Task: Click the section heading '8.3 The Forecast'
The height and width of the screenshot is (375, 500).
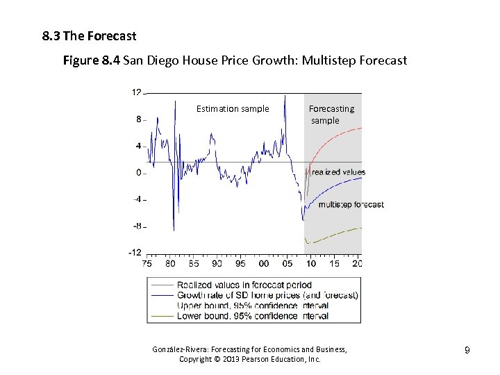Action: point(89,35)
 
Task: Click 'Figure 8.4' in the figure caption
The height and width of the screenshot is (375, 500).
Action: point(91,60)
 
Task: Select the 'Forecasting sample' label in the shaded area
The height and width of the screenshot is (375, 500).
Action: point(331,115)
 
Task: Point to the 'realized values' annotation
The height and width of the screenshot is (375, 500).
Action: point(338,172)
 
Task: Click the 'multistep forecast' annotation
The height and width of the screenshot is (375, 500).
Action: point(351,204)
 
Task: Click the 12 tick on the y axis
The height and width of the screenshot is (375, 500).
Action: point(137,92)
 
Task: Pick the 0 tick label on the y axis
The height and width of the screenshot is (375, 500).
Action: point(139,173)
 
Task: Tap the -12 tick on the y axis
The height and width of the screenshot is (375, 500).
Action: point(135,253)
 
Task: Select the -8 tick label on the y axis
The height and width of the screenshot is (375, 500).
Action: point(137,226)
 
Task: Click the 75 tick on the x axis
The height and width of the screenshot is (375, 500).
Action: point(147,264)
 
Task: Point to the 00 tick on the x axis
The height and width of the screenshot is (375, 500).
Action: point(264,264)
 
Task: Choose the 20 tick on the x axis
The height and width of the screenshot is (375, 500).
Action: point(357,264)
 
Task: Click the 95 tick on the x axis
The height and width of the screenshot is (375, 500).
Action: point(240,264)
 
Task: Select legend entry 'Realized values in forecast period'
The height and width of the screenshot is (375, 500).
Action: point(244,285)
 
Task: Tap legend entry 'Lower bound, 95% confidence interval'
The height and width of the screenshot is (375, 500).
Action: point(253,316)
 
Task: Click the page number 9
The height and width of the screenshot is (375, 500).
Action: point(467,351)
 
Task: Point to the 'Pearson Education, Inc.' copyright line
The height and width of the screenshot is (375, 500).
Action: point(250,359)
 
